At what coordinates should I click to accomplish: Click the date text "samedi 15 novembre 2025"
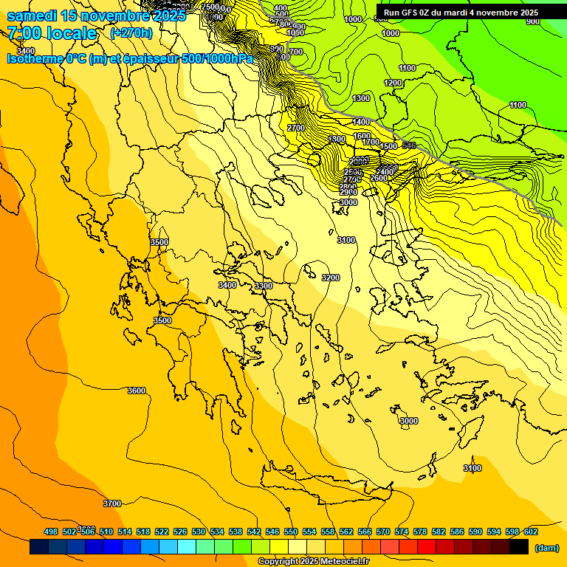coord(96,15)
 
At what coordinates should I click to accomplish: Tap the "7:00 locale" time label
coord(52,33)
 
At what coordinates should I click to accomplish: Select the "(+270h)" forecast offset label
coord(131,33)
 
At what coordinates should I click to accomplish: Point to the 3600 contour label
coord(137,391)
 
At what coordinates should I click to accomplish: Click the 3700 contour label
coord(111,504)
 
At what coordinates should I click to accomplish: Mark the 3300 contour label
coord(263,286)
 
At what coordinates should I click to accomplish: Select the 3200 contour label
coord(331,278)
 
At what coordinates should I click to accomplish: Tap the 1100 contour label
coord(518,105)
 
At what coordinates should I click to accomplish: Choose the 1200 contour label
coord(393,83)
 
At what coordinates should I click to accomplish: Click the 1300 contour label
coord(361,98)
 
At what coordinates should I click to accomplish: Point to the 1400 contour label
coord(361,122)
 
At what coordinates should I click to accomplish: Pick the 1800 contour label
coord(337,139)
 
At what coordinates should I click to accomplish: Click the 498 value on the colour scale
coord(51,532)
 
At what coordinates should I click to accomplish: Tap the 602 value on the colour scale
coord(530,532)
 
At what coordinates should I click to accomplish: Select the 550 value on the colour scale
coord(291,532)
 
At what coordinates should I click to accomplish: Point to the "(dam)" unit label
coord(546,548)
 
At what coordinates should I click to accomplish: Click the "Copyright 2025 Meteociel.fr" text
coord(313,562)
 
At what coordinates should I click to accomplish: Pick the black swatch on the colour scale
coord(519,547)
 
